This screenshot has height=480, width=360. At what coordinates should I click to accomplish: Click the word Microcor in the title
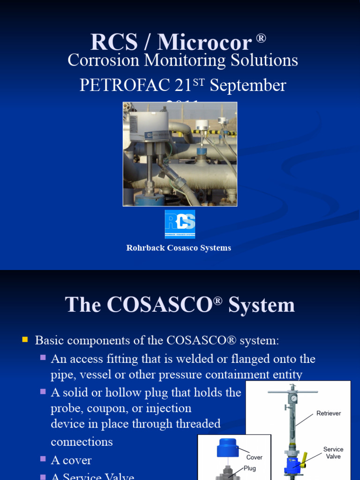click(205, 43)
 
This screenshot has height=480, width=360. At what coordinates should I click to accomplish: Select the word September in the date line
click(247, 85)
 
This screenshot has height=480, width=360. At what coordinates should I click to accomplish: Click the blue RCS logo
click(180, 224)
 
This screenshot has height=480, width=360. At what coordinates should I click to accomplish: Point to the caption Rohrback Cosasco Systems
click(179, 248)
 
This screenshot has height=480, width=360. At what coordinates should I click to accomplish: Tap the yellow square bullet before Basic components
click(25, 339)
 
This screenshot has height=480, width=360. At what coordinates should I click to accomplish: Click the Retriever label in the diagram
click(329, 413)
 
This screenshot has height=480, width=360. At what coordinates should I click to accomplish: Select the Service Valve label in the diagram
click(333, 453)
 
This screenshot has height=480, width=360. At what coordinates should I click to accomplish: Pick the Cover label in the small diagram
click(254, 457)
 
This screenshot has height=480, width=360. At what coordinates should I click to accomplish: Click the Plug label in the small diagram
click(249, 468)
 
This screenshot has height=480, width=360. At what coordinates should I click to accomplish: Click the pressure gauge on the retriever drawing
click(293, 398)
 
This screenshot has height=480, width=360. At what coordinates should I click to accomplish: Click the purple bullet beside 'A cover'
click(43, 459)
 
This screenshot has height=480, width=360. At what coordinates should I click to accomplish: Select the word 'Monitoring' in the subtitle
click(189, 60)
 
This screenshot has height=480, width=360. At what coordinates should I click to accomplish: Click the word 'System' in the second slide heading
click(262, 305)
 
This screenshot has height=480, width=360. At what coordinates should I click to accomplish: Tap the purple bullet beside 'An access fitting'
click(43, 358)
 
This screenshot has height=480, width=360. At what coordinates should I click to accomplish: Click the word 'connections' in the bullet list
click(82, 442)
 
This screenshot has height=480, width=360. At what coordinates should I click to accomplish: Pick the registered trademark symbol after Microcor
click(261, 38)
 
